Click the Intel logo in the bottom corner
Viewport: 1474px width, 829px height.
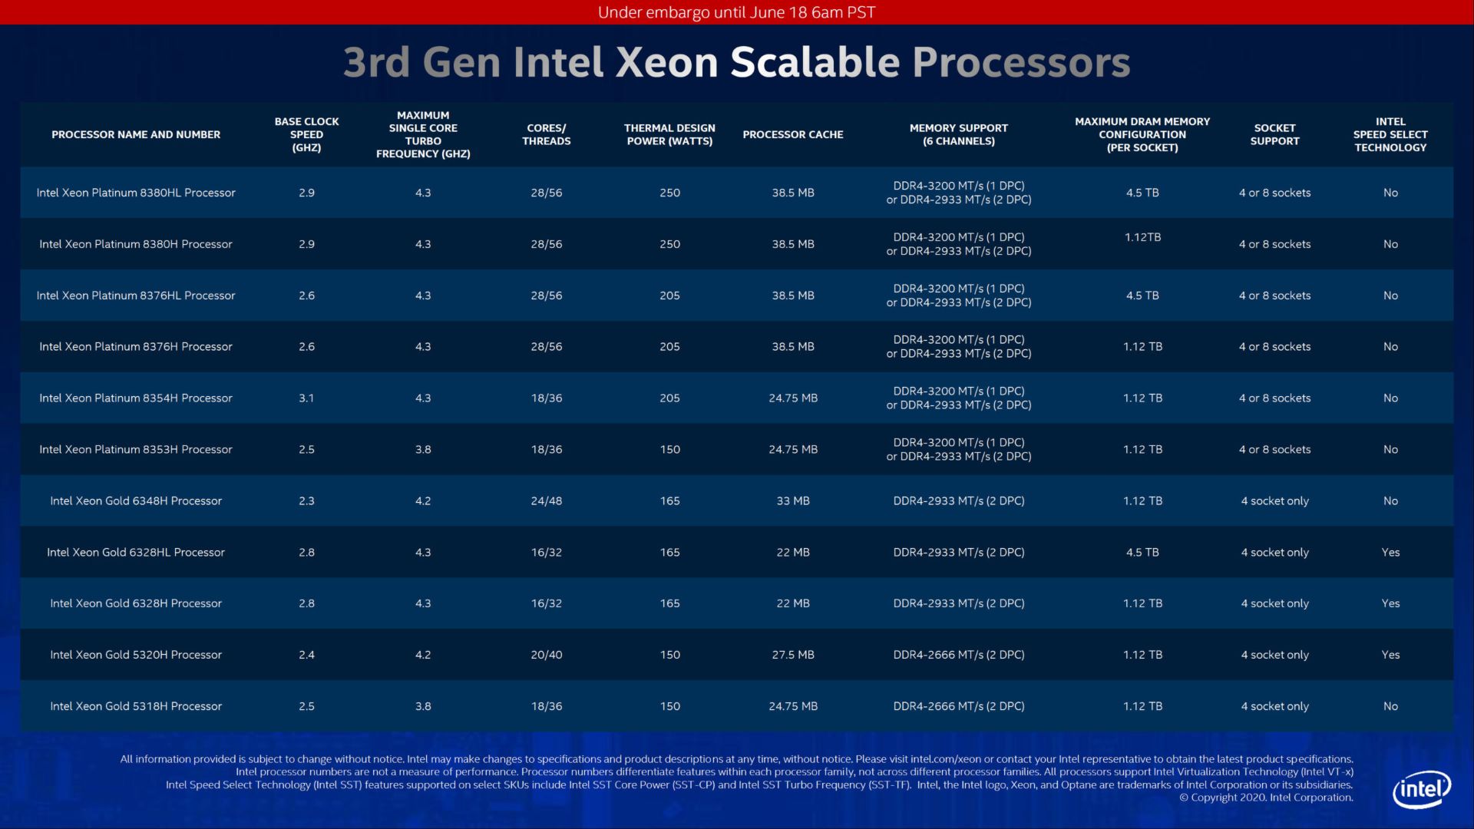click(1422, 789)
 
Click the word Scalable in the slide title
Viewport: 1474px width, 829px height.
click(815, 62)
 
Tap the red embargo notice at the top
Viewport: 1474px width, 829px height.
click(736, 12)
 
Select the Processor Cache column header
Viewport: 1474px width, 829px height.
click(792, 134)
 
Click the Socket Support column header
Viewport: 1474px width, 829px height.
click(1274, 134)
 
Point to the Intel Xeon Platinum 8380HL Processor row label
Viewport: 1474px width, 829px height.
click(136, 193)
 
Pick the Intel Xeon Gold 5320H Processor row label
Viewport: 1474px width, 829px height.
click(136, 655)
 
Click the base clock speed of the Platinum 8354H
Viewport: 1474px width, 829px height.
click(306, 398)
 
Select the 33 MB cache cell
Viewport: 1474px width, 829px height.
click(792, 500)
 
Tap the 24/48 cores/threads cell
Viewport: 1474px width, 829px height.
click(546, 500)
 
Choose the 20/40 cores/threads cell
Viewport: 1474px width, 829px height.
click(546, 655)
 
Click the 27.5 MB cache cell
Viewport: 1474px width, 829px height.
click(792, 655)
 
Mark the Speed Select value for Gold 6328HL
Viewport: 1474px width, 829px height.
click(1390, 552)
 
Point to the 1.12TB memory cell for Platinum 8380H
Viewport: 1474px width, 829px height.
click(1142, 237)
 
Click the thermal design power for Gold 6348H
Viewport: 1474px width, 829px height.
click(669, 500)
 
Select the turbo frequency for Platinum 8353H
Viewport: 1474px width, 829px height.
click(423, 449)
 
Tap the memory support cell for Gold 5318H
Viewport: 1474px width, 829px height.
click(958, 706)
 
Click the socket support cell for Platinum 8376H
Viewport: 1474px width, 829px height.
click(1274, 346)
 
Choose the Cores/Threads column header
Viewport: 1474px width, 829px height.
click(546, 134)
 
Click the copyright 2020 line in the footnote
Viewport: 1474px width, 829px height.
click(1266, 798)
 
